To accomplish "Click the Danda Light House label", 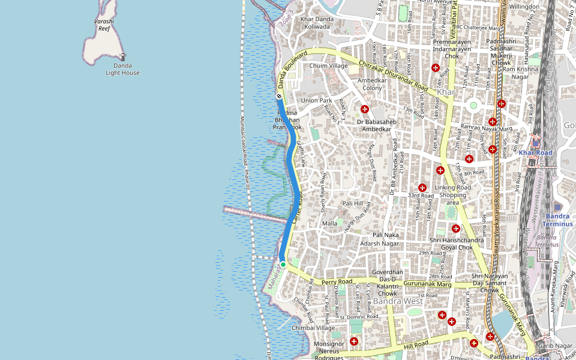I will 122,69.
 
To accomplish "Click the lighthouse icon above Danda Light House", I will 122,57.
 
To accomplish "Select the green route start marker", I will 283,264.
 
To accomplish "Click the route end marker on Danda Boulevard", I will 279,97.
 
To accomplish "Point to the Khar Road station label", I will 535,152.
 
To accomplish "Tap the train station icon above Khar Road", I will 535,142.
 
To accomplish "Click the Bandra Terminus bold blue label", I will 559,220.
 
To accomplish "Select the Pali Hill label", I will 352,203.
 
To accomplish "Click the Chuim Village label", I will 328,66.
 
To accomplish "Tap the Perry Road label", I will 336,281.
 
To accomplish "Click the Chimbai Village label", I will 313,328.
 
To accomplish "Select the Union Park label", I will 317,100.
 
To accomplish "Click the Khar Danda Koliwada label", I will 316,23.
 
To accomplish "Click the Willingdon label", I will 524,7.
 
